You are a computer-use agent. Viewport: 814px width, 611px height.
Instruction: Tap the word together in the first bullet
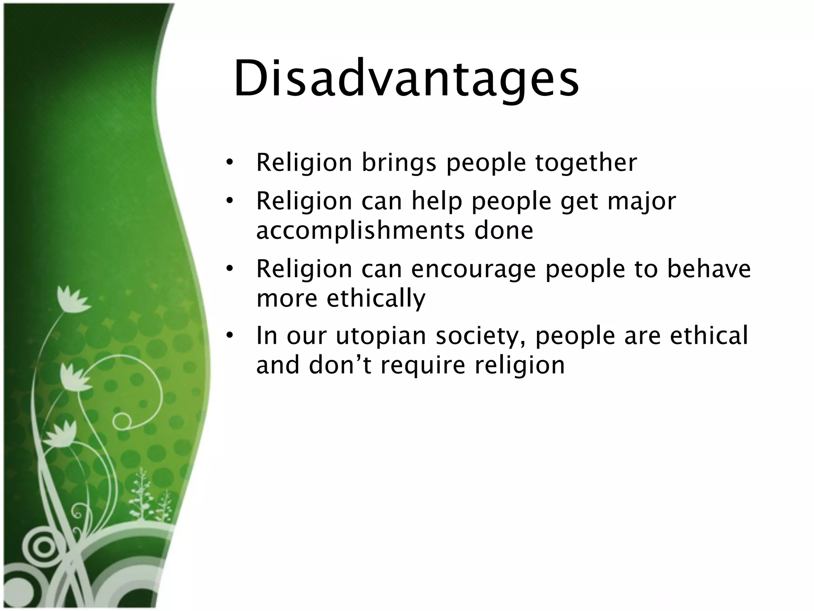point(586,163)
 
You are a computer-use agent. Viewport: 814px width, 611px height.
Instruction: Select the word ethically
point(376,298)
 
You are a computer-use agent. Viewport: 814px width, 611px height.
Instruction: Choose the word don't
point(339,365)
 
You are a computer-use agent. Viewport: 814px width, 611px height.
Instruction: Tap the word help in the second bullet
point(437,201)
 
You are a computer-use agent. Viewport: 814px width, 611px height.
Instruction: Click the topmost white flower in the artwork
point(72,299)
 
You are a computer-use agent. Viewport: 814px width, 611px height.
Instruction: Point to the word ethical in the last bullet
point(709,335)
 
